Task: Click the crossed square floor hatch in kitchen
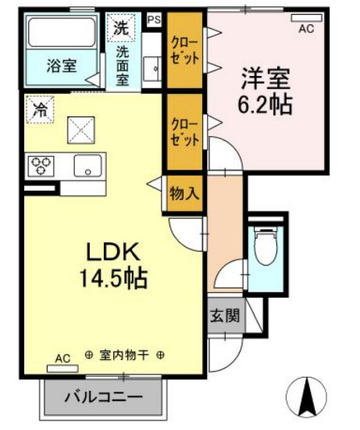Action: (x=80, y=126)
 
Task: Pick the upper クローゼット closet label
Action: (x=185, y=51)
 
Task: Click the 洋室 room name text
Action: (x=265, y=78)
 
